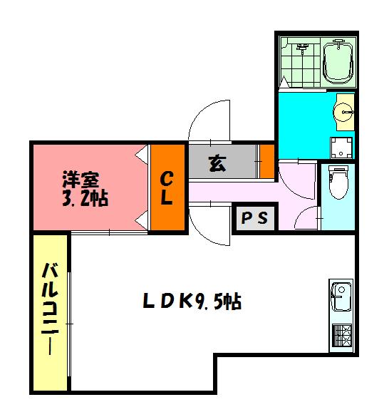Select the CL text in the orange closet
click(x=166, y=187)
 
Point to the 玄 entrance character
click(x=217, y=163)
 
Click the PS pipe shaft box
click(x=254, y=219)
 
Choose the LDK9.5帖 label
click(x=192, y=302)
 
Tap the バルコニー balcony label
click(x=49, y=309)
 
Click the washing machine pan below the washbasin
click(x=342, y=148)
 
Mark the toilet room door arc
click(x=306, y=216)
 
